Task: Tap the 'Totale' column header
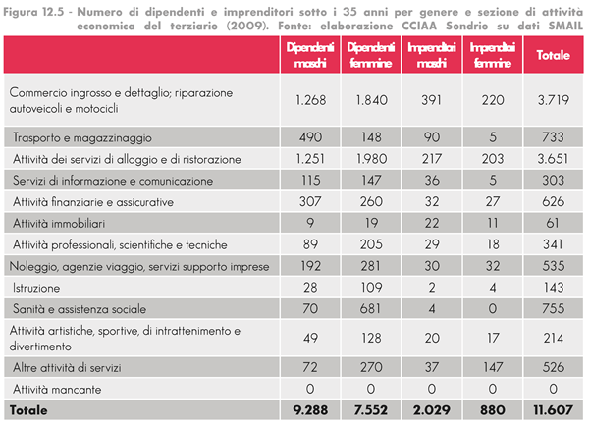click(x=553, y=55)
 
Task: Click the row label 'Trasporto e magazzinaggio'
click(x=82, y=137)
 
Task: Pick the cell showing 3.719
click(x=553, y=100)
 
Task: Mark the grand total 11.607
click(x=553, y=407)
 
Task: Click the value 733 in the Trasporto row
click(x=553, y=137)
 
